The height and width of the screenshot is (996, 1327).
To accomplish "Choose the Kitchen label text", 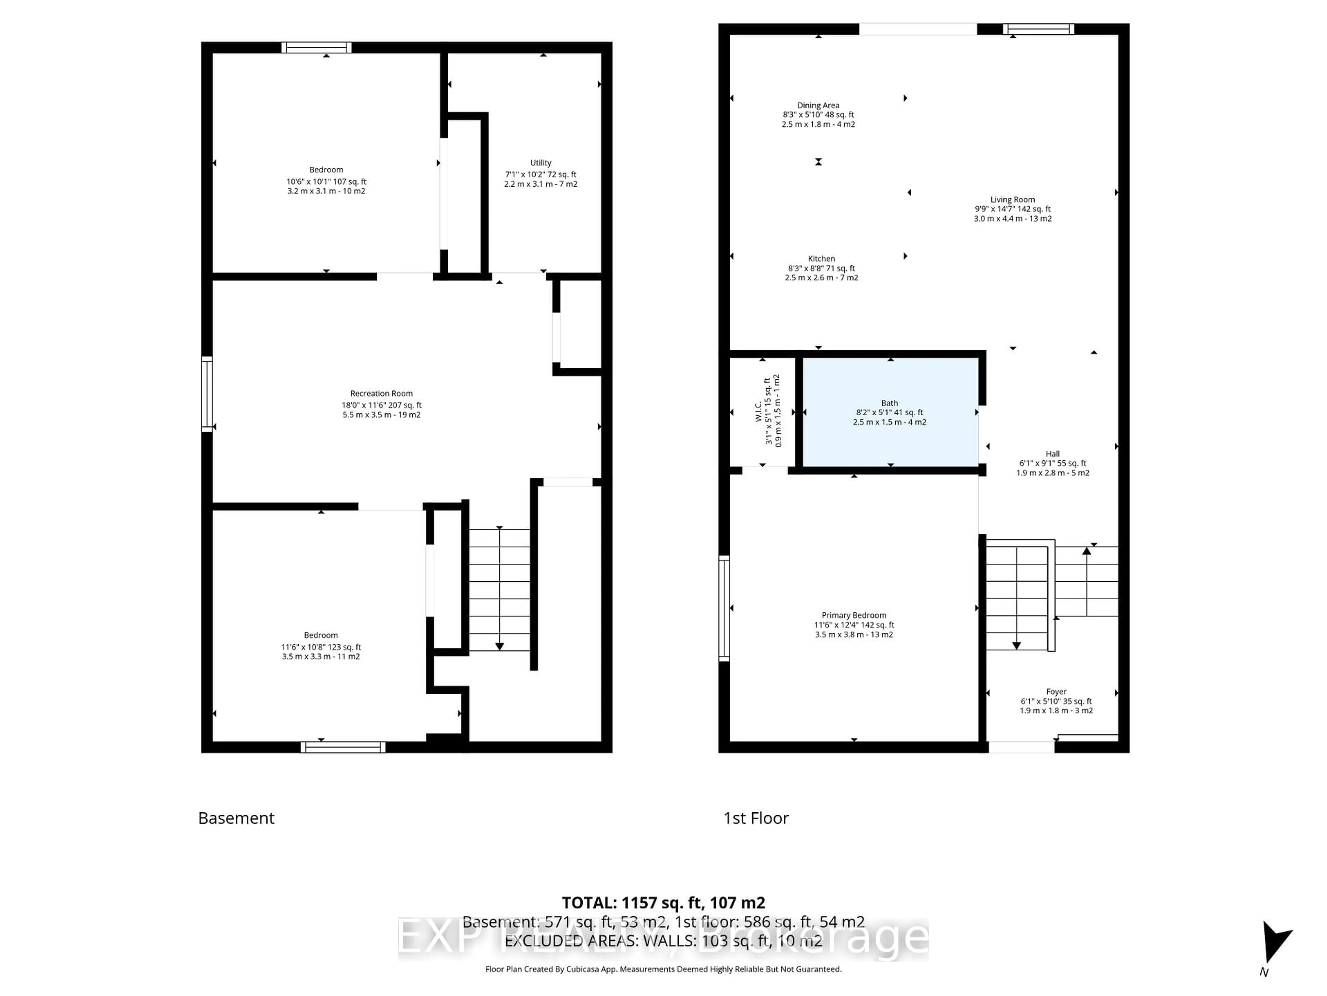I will point(821,259).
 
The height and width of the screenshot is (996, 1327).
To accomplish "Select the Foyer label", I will point(1056,692).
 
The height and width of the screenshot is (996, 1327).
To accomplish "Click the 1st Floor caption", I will point(756,818).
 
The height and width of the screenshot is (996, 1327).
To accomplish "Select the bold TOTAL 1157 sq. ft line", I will point(663,903).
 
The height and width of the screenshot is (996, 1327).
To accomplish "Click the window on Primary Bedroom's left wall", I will point(724,608).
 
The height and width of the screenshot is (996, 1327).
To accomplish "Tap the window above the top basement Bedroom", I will point(317,47).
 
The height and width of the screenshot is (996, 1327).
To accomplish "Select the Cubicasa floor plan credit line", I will point(663,969).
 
